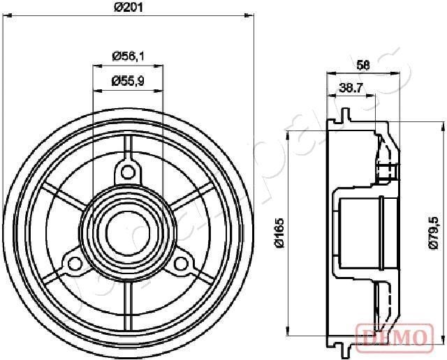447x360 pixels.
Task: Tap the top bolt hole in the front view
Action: point(127,171)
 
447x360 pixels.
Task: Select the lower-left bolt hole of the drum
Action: point(72,263)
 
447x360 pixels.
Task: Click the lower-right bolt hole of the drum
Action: point(182,263)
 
